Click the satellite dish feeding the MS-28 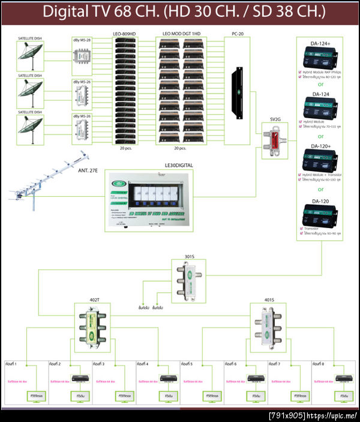click(29, 58)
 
